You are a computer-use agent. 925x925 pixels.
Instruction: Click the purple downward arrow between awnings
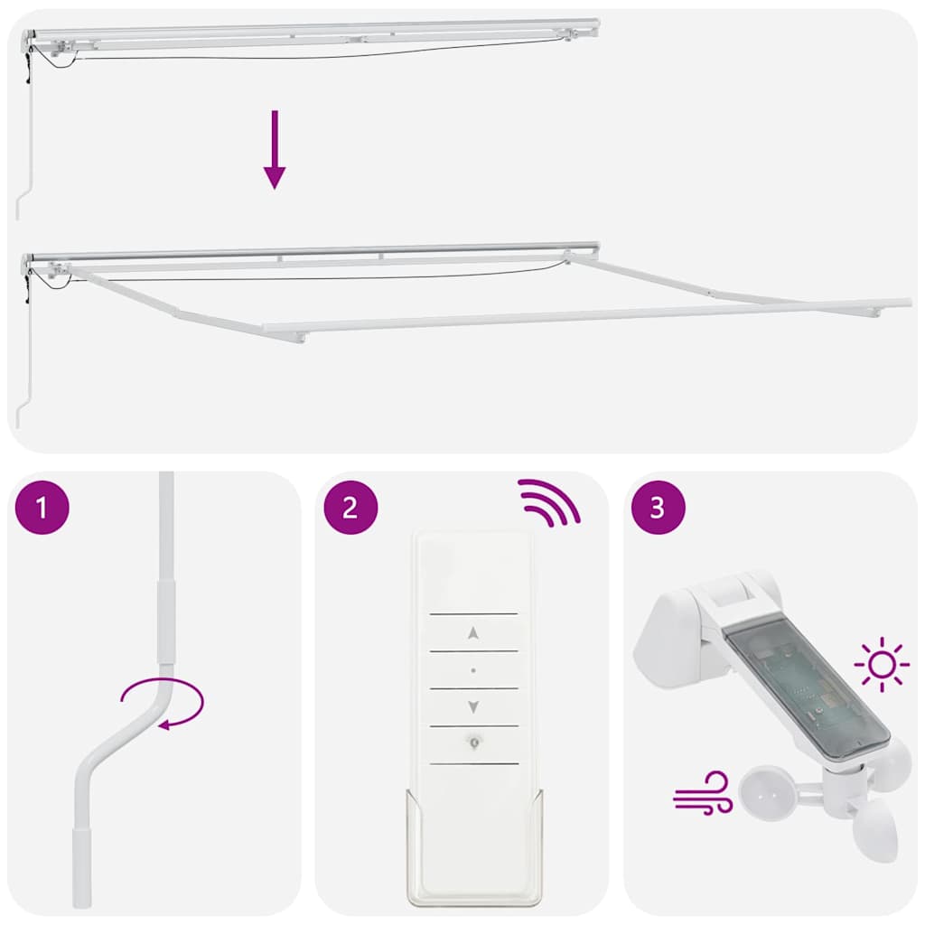coord(275,150)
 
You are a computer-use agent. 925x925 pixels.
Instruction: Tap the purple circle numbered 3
coord(658,508)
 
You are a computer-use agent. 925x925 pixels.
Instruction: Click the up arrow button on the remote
coord(473,633)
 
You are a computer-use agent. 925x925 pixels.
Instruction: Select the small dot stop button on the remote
coord(473,670)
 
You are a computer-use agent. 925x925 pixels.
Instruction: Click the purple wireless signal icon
coord(548,502)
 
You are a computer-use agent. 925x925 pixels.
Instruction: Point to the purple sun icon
coord(882,665)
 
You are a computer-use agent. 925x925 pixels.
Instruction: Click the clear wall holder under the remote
coord(474,867)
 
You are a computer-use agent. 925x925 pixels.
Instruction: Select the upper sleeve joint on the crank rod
coord(164,622)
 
